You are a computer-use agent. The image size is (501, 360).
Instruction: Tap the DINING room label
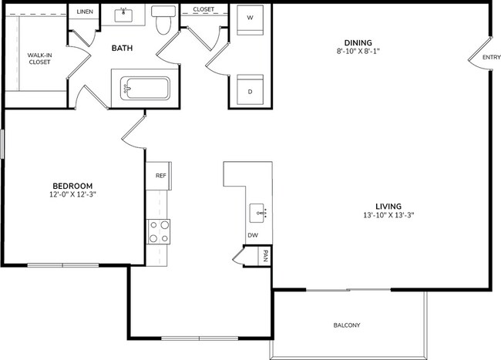point(358,42)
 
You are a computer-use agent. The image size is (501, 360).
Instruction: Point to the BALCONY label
point(347,325)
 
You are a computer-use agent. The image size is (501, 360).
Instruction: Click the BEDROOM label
point(72,186)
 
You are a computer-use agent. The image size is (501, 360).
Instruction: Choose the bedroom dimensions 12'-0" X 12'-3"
point(72,195)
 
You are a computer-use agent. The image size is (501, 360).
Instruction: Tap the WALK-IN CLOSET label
point(39,59)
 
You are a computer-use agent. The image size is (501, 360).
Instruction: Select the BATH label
point(122,49)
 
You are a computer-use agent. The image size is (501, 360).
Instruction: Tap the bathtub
point(142,89)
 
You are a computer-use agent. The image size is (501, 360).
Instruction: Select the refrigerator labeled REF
point(160,175)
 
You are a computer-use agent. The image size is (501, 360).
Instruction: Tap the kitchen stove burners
point(158,231)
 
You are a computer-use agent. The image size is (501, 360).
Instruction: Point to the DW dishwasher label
point(252,236)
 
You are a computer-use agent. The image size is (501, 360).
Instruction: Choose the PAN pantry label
point(264,257)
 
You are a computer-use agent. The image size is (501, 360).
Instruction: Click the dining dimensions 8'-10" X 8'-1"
point(358,52)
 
